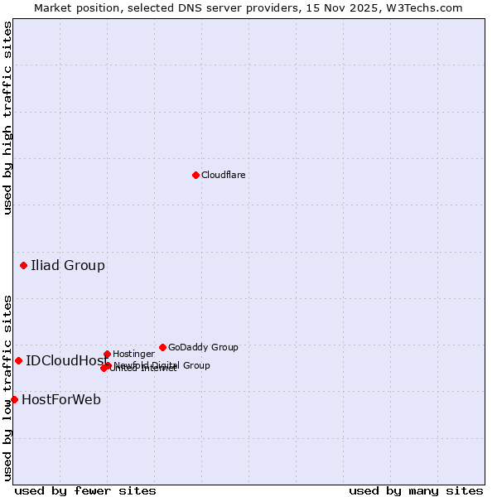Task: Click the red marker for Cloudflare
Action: click(195, 175)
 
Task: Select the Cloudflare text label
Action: click(223, 175)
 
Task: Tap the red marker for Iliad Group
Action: click(23, 265)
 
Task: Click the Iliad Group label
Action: click(68, 266)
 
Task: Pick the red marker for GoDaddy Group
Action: click(162, 347)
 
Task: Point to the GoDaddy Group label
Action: click(203, 347)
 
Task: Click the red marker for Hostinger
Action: click(107, 354)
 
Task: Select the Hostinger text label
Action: click(133, 354)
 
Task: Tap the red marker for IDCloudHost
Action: click(18, 360)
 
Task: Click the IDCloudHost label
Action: click(67, 360)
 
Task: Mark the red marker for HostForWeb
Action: click(14, 399)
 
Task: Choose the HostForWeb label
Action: click(61, 400)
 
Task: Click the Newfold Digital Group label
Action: click(163, 365)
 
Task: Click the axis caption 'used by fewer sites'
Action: click(85, 490)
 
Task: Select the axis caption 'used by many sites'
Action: click(416, 490)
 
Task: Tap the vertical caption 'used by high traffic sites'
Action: click(7, 118)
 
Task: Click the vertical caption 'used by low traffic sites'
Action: click(7, 387)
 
